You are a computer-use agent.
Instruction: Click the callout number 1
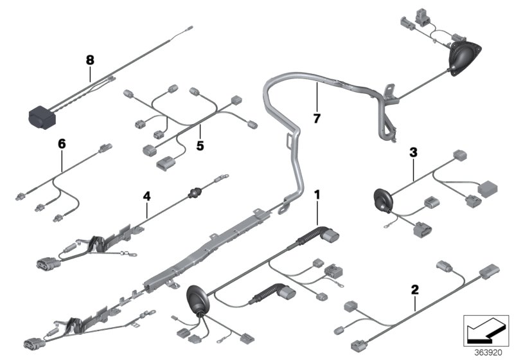[316, 192]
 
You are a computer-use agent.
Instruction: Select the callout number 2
[415, 291]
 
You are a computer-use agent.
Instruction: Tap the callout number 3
[413, 152]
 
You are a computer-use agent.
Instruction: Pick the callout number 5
[200, 146]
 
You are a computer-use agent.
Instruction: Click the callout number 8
[90, 60]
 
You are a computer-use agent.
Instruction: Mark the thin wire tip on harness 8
[191, 28]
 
